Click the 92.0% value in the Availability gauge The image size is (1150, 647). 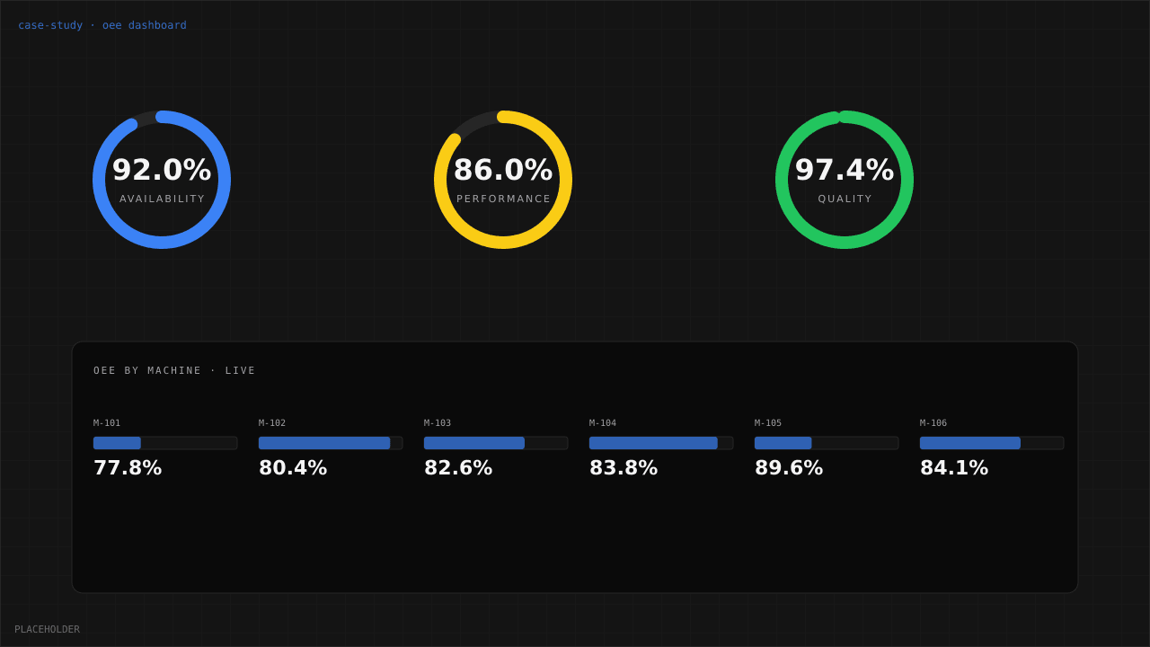[x=162, y=170]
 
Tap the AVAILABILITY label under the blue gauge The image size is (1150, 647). [x=162, y=199]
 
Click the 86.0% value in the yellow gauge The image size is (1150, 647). [x=503, y=170]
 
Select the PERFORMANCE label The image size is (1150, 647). [x=503, y=199]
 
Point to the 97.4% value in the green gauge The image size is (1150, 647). [x=845, y=170]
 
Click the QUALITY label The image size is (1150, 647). [x=845, y=199]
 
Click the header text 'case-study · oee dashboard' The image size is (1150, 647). [x=102, y=25]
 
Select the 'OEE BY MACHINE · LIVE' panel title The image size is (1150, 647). [x=174, y=370]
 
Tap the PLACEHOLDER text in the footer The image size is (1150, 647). [x=47, y=629]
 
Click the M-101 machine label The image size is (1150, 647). [x=107, y=423]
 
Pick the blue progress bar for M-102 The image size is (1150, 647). [x=324, y=443]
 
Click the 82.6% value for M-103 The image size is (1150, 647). [x=458, y=468]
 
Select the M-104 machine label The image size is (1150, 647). [x=603, y=423]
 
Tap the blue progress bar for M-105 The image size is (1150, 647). [x=783, y=443]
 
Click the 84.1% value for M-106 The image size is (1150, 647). [x=954, y=468]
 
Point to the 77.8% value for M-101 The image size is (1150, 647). [x=128, y=468]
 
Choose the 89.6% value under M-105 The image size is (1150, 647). [x=789, y=468]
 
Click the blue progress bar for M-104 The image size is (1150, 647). [x=653, y=443]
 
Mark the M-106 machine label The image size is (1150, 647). [x=933, y=423]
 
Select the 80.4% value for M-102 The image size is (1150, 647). [x=293, y=468]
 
